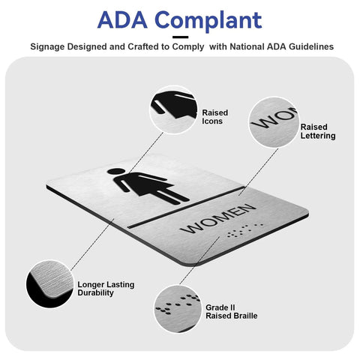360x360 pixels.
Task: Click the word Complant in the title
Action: (x=208, y=21)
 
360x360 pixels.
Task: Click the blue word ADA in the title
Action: (x=122, y=19)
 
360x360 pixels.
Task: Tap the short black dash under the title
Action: (x=180, y=37)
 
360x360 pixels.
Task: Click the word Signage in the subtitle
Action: (x=47, y=47)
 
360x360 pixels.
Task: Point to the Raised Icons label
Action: (x=214, y=117)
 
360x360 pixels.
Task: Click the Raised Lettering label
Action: (x=318, y=131)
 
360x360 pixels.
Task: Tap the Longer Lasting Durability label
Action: (x=106, y=289)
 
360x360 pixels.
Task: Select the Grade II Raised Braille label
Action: (x=231, y=311)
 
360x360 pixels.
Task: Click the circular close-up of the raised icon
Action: (x=174, y=109)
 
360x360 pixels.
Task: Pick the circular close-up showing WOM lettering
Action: (x=274, y=122)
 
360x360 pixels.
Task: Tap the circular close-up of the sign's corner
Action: (x=50, y=283)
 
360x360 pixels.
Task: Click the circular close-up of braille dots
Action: (x=178, y=309)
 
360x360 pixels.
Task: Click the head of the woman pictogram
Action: (x=115, y=171)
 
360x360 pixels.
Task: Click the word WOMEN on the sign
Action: (x=217, y=218)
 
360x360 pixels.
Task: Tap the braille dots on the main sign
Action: (x=244, y=230)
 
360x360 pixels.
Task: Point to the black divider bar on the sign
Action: (x=186, y=207)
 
